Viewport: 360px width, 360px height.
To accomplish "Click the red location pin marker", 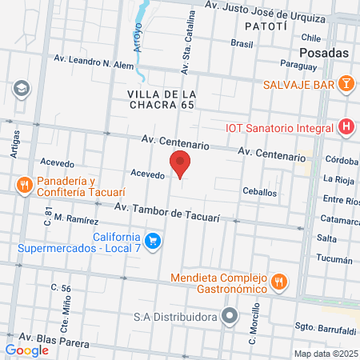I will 181,164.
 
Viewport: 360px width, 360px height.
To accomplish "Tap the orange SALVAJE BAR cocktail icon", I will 345,83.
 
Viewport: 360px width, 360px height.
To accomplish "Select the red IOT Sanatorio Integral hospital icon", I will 346,126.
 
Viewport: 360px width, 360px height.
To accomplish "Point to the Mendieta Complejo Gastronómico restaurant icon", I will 279,281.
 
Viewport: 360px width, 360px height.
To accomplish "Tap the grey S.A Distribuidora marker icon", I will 230,314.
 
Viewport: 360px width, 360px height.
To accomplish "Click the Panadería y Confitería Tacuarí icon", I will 25,186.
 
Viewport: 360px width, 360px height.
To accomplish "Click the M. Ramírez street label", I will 77,219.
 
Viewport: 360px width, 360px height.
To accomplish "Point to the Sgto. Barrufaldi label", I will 325,329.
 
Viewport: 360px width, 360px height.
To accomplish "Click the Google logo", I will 27,350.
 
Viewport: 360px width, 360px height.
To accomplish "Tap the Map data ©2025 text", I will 323,354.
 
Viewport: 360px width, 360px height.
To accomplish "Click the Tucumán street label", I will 334,260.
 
